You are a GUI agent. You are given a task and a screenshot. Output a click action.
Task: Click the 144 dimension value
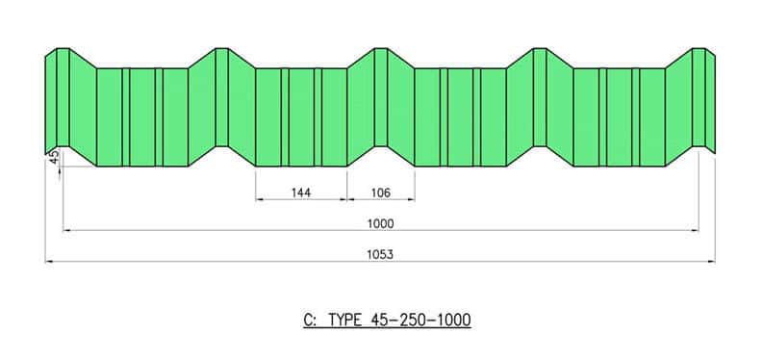coord(301,193)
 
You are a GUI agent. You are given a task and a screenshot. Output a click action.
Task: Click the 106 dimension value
coord(380,193)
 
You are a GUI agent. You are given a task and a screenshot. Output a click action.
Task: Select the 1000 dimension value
coord(380,223)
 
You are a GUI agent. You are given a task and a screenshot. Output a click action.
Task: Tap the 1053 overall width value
coord(380,254)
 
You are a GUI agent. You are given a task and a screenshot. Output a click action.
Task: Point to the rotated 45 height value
coord(55,156)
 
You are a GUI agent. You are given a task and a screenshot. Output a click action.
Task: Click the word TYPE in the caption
coord(345,321)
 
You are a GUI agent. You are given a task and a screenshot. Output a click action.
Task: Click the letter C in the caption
coord(309,321)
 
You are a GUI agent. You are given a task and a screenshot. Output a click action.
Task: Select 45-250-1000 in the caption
coord(420,321)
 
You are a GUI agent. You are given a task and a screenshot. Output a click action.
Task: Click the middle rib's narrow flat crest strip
coord(381,97)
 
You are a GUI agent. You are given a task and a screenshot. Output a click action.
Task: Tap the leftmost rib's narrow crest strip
coord(64,97)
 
